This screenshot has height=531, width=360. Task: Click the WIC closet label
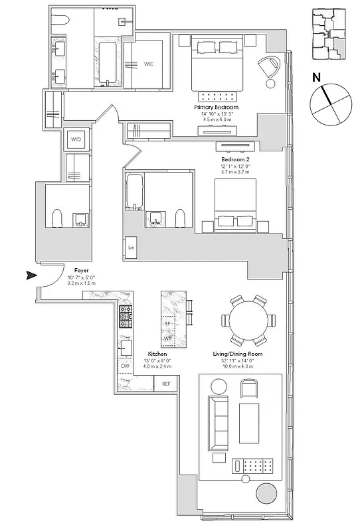tap(149, 64)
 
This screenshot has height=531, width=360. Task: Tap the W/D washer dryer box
tap(76, 140)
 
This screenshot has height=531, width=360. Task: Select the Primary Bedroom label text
tap(216, 107)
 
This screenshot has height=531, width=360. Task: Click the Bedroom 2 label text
tap(236, 160)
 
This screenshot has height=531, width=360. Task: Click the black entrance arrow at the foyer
tap(30, 275)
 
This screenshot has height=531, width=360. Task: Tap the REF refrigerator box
tap(166, 384)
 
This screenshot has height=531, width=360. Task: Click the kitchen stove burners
tap(125, 317)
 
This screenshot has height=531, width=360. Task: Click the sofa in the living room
tap(217, 423)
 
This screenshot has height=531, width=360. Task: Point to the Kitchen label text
tap(157, 354)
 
